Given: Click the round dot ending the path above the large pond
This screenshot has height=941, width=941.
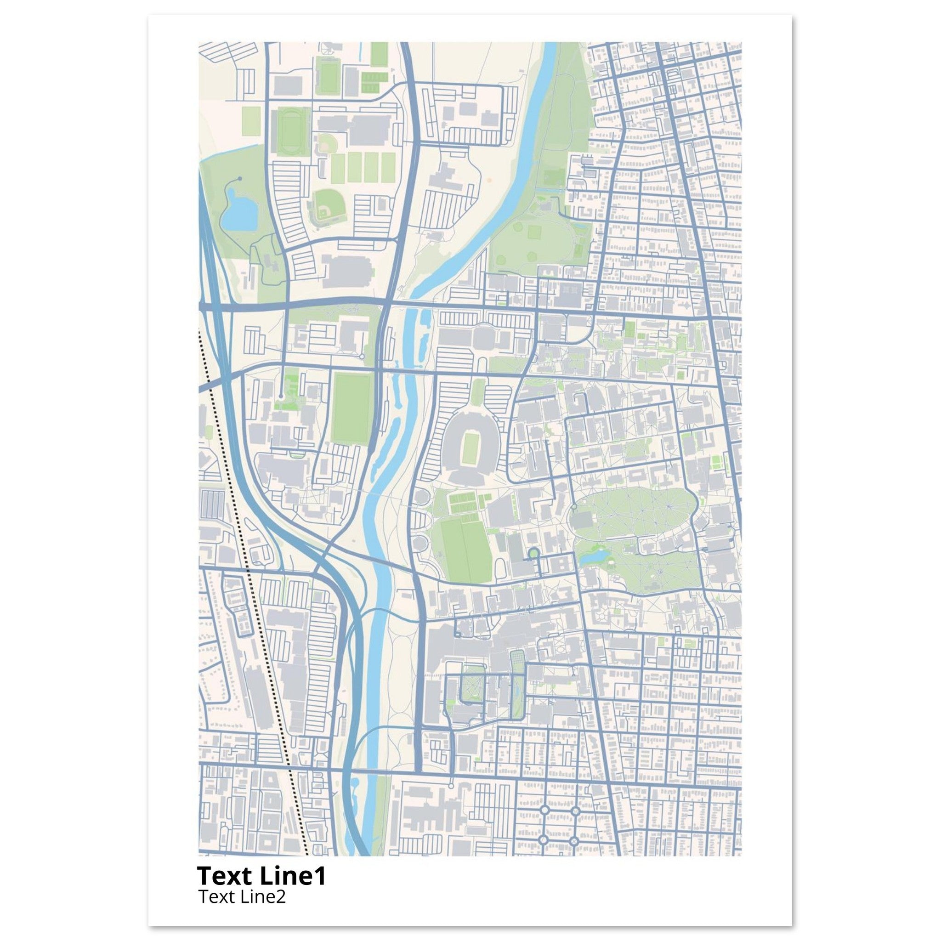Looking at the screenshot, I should click(238, 179).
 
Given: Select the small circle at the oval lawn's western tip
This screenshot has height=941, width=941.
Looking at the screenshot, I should click(574, 507).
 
